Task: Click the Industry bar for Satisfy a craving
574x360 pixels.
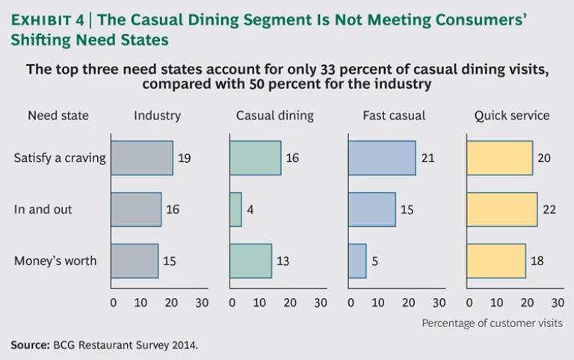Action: click(142, 158)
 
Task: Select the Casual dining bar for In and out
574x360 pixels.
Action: click(235, 210)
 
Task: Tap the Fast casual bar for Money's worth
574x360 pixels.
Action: click(357, 261)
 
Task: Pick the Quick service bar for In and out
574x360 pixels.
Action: click(502, 210)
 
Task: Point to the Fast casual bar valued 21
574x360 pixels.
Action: click(382, 158)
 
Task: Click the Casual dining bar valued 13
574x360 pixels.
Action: click(250, 261)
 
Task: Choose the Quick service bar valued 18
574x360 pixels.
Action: click(496, 261)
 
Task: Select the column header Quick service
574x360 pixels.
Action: click(512, 116)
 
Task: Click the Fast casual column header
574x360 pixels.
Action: click(394, 116)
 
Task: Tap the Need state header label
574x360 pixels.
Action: click(58, 116)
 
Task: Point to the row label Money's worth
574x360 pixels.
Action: click(55, 261)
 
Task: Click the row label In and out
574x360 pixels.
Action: click(43, 210)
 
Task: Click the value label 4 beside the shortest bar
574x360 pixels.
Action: click(250, 210)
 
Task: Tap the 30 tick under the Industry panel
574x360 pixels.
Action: click(202, 302)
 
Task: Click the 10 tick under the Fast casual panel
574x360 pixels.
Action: click(378, 302)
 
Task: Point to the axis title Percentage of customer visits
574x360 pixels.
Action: click(492, 323)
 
